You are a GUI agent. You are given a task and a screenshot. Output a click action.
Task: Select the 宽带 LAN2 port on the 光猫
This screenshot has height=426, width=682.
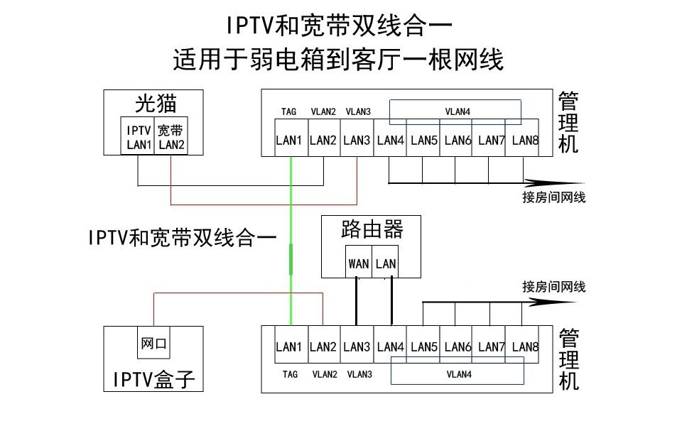(171, 136)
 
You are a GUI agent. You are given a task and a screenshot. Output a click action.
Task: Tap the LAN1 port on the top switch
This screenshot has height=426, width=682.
(290, 140)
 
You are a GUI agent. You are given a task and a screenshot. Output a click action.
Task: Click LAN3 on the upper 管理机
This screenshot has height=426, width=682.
(357, 140)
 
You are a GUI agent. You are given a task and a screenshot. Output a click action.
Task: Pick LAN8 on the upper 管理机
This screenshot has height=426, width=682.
(524, 140)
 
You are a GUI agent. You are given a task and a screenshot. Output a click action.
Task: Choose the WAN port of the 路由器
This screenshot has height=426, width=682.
(359, 263)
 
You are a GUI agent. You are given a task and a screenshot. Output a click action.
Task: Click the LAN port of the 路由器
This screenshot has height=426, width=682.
(386, 263)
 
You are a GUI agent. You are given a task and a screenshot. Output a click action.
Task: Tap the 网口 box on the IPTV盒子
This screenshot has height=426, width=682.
(153, 344)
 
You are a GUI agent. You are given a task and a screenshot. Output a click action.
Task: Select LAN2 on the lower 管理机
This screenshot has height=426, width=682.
(323, 346)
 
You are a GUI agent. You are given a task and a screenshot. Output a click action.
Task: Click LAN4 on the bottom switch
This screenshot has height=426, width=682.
(390, 346)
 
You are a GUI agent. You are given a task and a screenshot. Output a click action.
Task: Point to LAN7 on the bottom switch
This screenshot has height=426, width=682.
(491, 346)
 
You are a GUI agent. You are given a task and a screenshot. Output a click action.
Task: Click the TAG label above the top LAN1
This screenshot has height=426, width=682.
(289, 111)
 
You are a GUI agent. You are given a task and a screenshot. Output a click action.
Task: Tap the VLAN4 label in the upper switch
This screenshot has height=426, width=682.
(458, 111)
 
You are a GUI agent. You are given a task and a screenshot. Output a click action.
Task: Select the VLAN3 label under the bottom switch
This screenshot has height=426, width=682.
(359, 374)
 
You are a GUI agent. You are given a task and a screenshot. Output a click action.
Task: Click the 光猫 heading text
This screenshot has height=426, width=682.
(156, 104)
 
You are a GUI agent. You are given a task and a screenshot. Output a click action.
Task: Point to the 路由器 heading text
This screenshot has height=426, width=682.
(372, 229)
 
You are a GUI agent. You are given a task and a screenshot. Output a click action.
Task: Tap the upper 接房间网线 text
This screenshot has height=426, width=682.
(554, 197)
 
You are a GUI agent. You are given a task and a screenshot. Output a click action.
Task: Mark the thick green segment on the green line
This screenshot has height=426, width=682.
(291, 258)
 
